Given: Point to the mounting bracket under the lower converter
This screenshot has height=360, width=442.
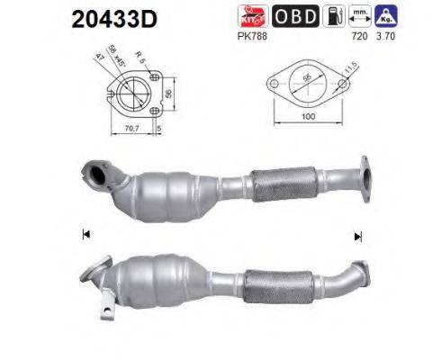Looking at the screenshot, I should coord(107,313).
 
